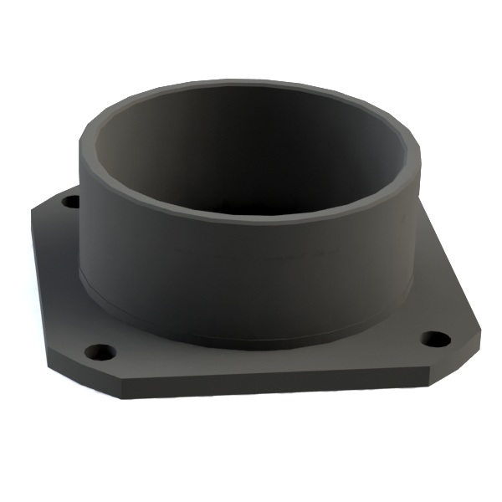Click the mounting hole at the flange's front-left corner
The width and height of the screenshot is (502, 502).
pyautogui.click(x=100, y=350)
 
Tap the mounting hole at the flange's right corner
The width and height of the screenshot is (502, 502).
pyautogui.click(x=434, y=340)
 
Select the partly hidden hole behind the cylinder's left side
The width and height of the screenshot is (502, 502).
pyautogui.click(x=72, y=202)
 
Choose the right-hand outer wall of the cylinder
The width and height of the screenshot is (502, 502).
pyautogui.click(x=393, y=251)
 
